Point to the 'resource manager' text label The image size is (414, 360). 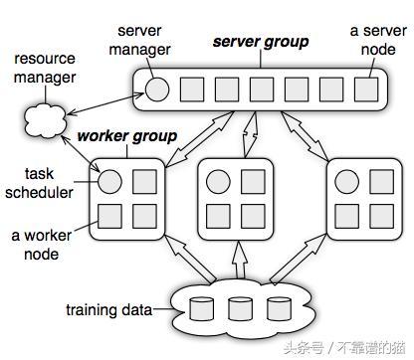(44, 69)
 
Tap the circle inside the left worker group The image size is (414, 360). (110, 182)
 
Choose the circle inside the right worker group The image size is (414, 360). (344, 182)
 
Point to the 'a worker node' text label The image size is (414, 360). (43, 245)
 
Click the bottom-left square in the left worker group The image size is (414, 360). (110, 216)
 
